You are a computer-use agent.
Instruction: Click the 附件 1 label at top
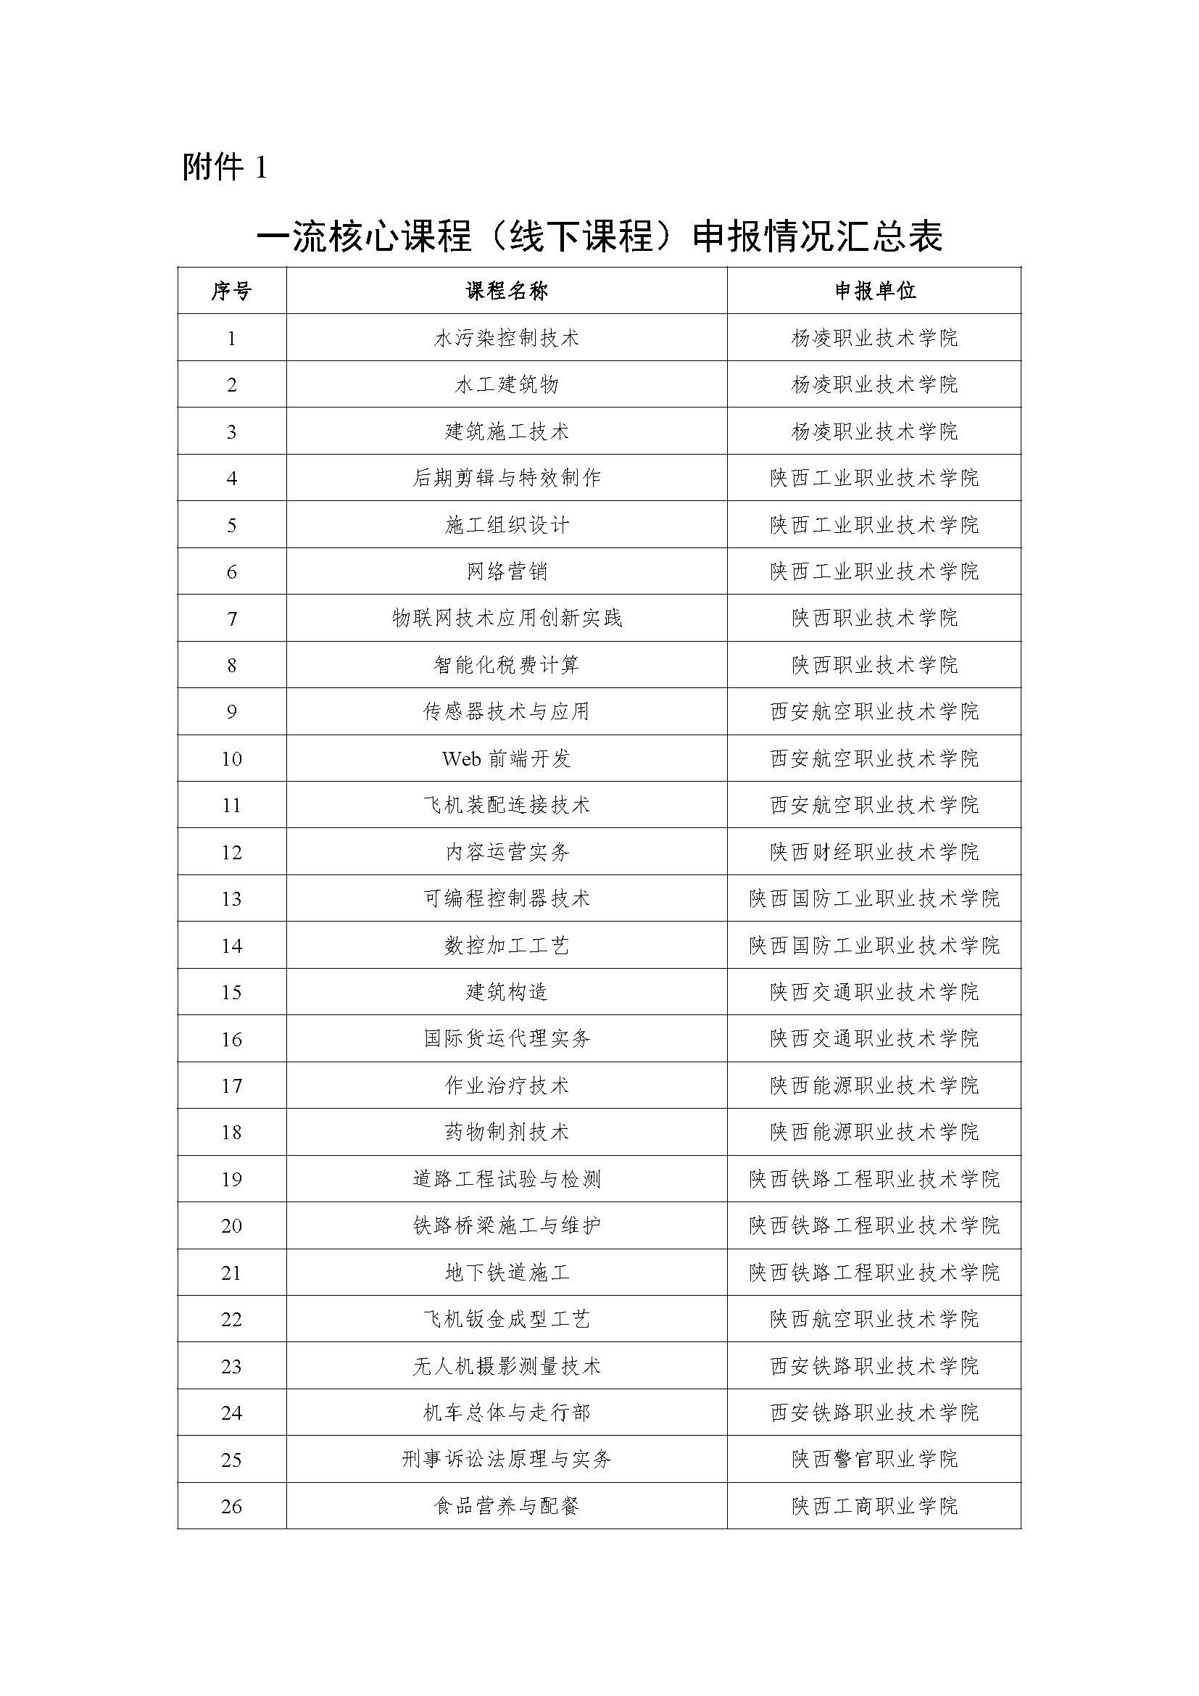point(224,167)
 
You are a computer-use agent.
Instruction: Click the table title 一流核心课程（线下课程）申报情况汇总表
point(599,237)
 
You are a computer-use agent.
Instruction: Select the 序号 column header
point(231,291)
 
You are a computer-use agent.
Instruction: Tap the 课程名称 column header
point(507,291)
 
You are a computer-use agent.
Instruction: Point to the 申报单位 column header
point(874,291)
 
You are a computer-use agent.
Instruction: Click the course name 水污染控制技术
point(507,339)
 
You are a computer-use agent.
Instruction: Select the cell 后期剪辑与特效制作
point(507,478)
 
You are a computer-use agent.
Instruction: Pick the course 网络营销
point(507,571)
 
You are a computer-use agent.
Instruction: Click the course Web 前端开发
point(507,758)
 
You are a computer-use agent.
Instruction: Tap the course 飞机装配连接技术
point(507,805)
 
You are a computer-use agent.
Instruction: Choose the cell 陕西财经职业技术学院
point(874,852)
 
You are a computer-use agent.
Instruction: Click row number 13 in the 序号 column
point(231,899)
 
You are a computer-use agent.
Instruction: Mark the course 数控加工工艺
point(507,946)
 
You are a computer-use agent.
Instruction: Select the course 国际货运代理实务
point(507,1038)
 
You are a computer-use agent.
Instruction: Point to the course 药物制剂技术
point(507,1133)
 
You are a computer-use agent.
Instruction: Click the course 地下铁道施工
point(507,1273)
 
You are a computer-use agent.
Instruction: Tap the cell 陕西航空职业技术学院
point(874,1319)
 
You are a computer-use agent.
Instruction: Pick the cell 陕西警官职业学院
point(874,1460)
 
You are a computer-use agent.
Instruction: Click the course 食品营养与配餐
point(507,1506)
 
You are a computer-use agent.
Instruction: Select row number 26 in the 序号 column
point(231,1506)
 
